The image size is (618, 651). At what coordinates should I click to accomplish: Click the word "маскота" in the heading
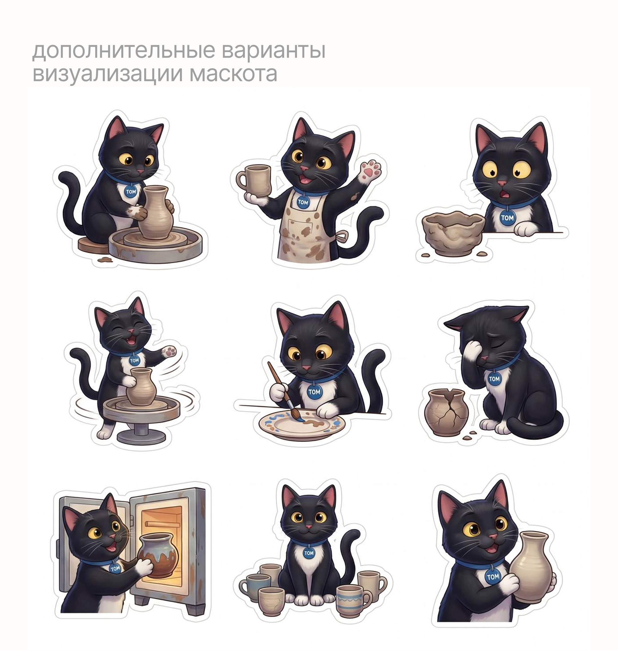pyautogui.click(x=233, y=74)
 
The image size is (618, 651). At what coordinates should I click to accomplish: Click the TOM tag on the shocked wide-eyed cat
pyautogui.click(x=507, y=218)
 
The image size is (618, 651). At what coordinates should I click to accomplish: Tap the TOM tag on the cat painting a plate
pyautogui.click(x=314, y=392)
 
